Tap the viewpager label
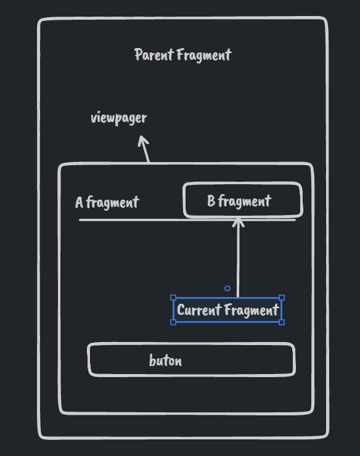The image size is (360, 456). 118,118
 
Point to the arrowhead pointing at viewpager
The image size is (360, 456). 143,140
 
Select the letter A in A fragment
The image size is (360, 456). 79,202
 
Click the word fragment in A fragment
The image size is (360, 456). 113,202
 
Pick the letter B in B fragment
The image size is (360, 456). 211,201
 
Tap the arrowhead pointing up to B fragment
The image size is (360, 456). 239,221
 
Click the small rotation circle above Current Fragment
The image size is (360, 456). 227,288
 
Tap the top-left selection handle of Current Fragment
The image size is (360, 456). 173,298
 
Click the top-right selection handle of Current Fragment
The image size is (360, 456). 282,298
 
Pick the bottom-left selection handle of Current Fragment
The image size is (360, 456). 173,322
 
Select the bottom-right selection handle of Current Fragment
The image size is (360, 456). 282,322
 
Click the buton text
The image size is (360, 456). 165,360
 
